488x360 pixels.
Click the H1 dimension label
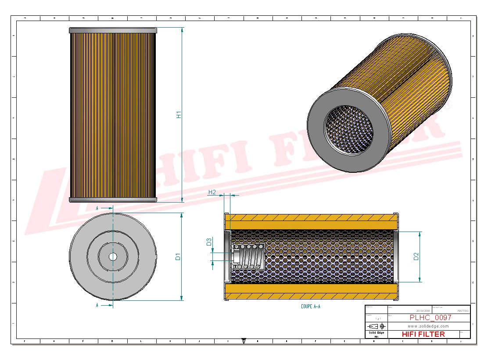[179, 114]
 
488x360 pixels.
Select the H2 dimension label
[212, 192]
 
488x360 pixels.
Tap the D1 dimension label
[178, 257]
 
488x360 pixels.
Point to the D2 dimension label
[416, 257]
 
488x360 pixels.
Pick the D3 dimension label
[209, 242]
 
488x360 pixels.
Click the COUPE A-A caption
[311, 307]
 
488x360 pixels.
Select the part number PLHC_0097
[430, 317]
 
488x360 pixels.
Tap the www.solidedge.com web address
[428, 326]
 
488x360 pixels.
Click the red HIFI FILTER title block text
[423, 334]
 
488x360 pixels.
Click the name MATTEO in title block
[463, 310]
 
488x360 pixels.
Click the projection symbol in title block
[376, 326]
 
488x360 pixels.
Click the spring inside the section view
[250, 257]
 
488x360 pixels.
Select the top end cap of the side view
[113, 30]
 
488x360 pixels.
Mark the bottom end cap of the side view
[113, 200]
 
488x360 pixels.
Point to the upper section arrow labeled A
[103, 208]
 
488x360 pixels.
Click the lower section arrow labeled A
[103, 305]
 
